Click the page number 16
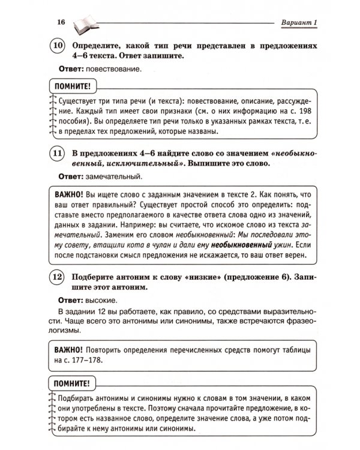(x=60, y=23)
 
